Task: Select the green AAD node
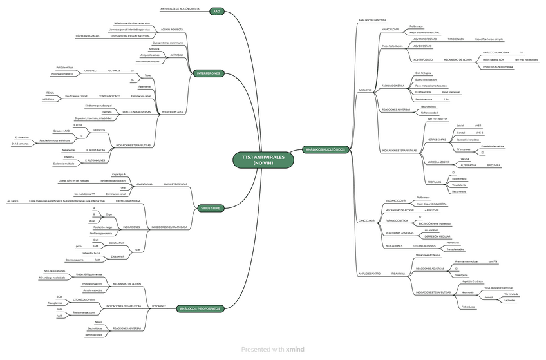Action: pyautogui.click(x=216, y=12)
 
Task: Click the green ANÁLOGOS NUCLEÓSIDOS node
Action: pyautogui.click(x=325, y=149)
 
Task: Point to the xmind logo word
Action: pyautogui.click(x=295, y=349)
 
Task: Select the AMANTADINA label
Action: pyautogui.click(x=144, y=184)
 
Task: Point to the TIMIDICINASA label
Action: pyautogui.click(x=456, y=39)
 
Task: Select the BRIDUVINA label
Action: pyautogui.click(x=494, y=166)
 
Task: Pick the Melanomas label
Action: pyautogui.click(x=68, y=149)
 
